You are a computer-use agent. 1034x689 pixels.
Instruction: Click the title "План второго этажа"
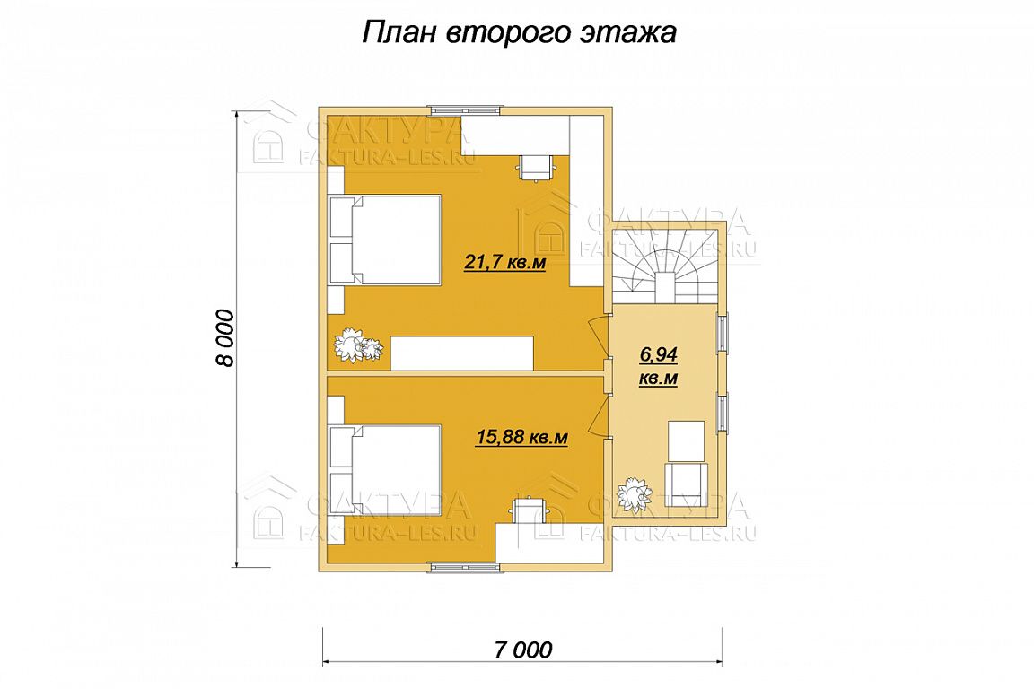pos(520,32)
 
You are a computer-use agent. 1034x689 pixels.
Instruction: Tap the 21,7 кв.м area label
pos(505,263)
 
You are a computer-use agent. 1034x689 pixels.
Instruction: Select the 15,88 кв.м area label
pos(521,437)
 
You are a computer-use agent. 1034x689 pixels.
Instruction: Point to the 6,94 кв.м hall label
pos(659,367)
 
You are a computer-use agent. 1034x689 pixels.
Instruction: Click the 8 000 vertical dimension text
pos(225,337)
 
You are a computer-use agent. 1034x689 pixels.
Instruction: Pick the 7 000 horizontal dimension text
pos(522,650)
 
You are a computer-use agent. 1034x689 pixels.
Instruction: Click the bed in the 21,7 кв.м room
pos(386,240)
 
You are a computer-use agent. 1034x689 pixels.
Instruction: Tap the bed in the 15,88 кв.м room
pos(386,469)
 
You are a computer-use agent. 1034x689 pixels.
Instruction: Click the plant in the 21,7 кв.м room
pos(358,345)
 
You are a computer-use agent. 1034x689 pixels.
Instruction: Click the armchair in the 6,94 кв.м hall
pos(686,485)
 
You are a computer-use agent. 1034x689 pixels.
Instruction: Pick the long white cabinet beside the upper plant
pos(462,353)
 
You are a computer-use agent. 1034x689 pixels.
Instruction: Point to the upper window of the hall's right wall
pos(723,333)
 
